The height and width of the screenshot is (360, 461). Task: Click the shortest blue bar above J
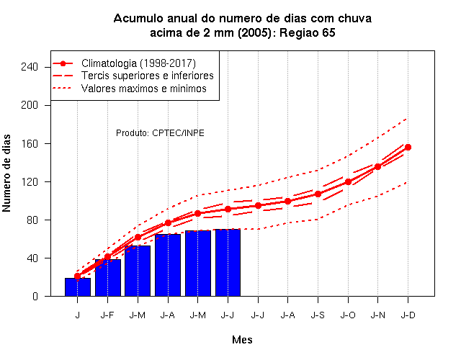click(x=78, y=287)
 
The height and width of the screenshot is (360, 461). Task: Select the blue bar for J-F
click(x=108, y=277)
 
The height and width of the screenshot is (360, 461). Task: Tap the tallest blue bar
click(x=228, y=262)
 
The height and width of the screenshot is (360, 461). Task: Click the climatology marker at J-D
click(x=408, y=147)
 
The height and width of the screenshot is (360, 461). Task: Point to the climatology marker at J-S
click(x=318, y=194)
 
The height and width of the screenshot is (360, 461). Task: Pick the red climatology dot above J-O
click(x=348, y=182)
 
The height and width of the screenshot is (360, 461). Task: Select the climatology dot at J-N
click(x=377, y=166)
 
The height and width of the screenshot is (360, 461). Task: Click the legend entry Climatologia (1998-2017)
click(x=138, y=63)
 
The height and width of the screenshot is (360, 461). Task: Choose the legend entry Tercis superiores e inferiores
click(x=147, y=76)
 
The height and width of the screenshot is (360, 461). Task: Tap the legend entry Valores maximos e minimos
click(x=144, y=89)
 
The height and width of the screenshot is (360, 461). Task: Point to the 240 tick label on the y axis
click(x=30, y=67)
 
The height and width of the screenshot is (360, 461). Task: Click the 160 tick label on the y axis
click(x=30, y=144)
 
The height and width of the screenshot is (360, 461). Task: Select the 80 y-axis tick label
click(x=32, y=220)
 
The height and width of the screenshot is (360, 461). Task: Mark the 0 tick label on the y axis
click(x=35, y=296)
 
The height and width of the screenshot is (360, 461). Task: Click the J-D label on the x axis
click(x=408, y=315)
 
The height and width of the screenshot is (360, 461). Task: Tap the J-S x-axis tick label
click(x=318, y=315)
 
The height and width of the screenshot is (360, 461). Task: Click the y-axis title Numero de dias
click(x=6, y=173)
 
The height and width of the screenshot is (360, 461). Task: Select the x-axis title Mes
click(x=242, y=340)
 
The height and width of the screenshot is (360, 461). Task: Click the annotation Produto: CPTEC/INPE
click(x=160, y=133)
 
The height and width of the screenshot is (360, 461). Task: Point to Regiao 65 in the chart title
click(x=308, y=32)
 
